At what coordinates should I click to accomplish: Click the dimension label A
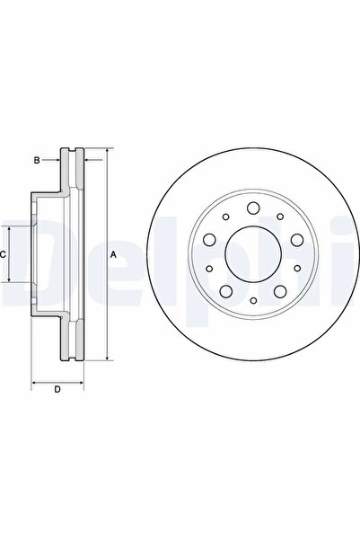(114, 255)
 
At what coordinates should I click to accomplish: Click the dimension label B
(38, 161)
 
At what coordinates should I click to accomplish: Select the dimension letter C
(4, 255)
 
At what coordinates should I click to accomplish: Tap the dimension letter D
(57, 389)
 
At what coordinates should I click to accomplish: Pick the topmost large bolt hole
(253, 212)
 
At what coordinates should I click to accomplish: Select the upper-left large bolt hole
(210, 241)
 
